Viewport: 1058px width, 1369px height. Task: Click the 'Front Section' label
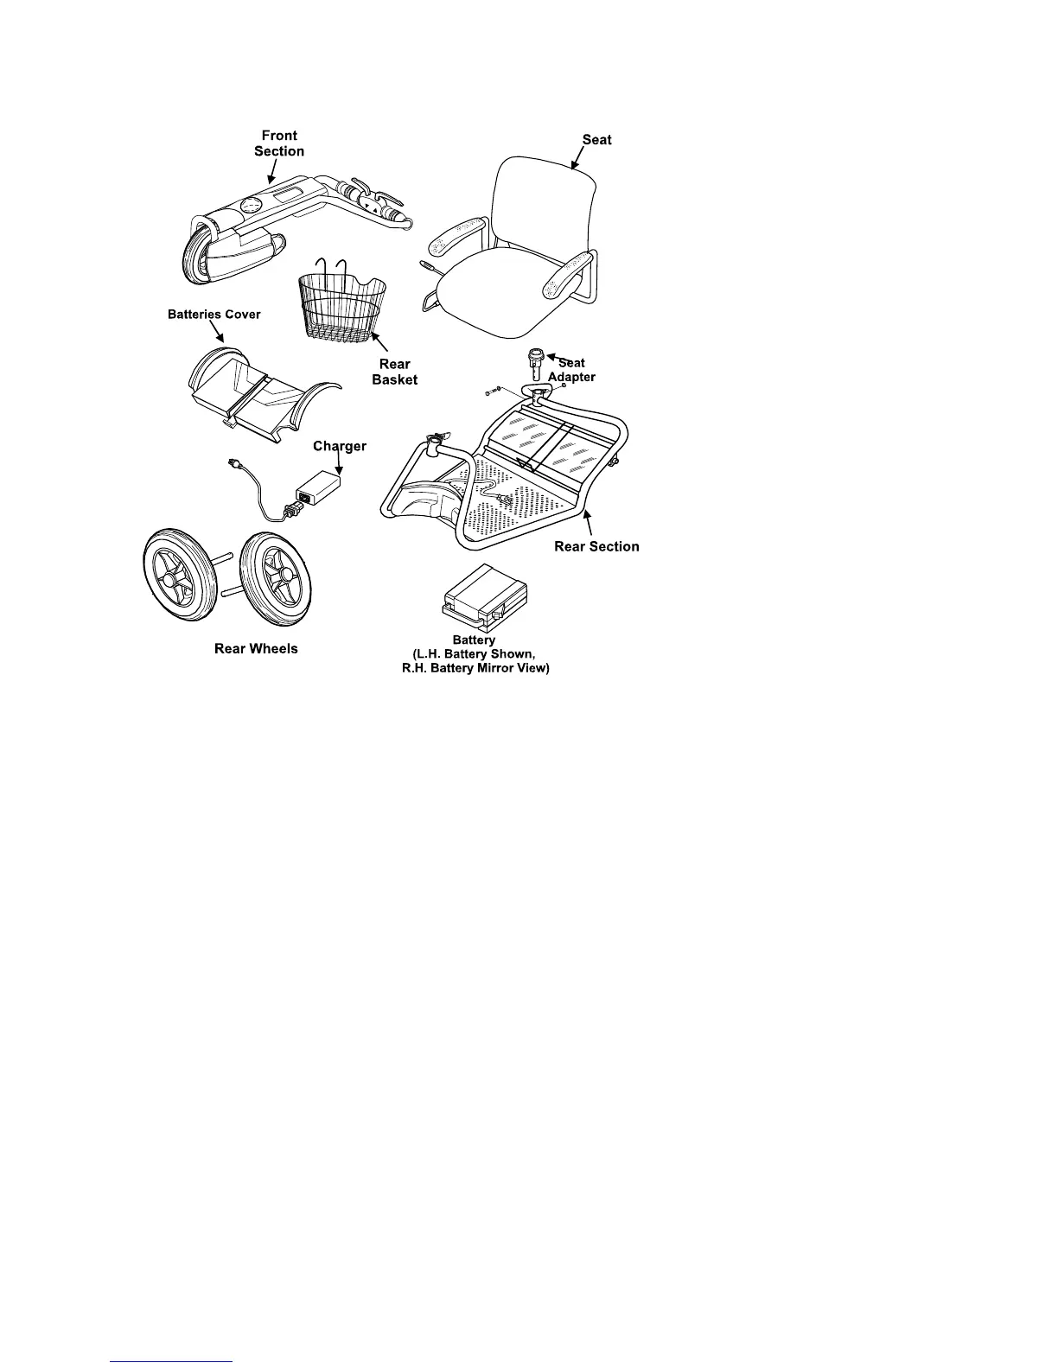point(279,143)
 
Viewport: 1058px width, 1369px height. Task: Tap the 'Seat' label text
point(596,139)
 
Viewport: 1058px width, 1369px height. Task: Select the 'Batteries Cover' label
point(214,315)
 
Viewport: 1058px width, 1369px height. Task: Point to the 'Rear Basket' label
point(395,372)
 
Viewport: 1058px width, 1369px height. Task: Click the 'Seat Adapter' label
point(572,370)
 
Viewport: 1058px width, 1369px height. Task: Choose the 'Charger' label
point(340,447)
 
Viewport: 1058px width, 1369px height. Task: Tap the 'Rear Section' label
point(596,546)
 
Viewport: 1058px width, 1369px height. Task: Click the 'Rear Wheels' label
point(256,648)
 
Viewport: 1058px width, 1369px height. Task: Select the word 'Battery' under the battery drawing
point(474,640)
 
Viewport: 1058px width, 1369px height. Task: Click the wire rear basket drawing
point(341,307)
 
